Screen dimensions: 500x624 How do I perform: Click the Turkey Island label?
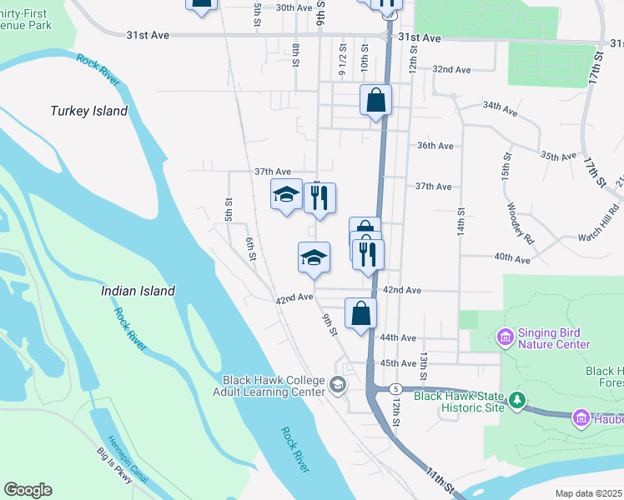[88, 111]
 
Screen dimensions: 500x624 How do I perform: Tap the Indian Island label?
[138, 291]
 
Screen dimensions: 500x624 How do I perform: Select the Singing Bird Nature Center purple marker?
[505, 337]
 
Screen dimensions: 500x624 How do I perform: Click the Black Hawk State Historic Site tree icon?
[518, 402]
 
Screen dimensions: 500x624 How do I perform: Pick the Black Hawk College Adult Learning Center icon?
[338, 385]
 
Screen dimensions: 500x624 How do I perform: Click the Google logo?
[28, 490]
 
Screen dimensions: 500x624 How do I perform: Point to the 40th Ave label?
[512, 259]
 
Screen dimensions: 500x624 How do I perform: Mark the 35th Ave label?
[559, 156]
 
